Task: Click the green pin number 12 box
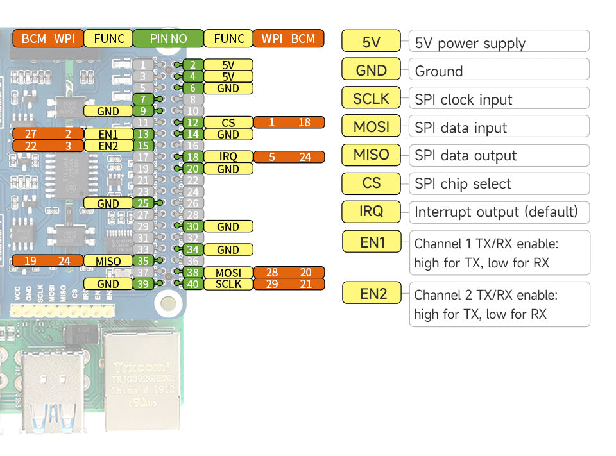(x=193, y=122)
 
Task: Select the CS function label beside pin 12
(x=228, y=122)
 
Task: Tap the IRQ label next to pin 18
(x=228, y=157)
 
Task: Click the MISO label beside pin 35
(x=108, y=261)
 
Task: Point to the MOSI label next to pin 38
(x=228, y=273)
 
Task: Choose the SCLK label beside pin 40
(x=228, y=284)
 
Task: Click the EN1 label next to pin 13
(x=108, y=134)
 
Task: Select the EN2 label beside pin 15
(x=108, y=146)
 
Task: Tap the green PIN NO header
(x=168, y=38)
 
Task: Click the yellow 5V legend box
(x=372, y=42)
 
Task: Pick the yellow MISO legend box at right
(x=372, y=155)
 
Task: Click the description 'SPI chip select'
(x=463, y=184)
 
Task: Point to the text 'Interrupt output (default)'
(x=496, y=212)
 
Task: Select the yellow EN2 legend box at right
(x=373, y=294)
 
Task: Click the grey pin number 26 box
(x=193, y=203)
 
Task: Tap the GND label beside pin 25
(x=108, y=203)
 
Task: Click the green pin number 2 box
(x=193, y=65)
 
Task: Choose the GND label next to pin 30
(x=228, y=226)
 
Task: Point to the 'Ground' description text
(x=439, y=71)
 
